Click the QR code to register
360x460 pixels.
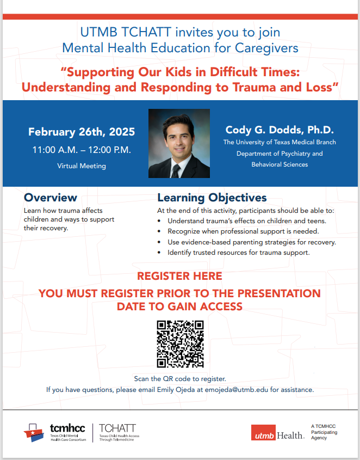[180, 344]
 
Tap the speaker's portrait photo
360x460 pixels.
[179, 143]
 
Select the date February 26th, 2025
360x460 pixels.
[82, 132]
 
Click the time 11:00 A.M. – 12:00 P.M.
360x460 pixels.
[82, 150]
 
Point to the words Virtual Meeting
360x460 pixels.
[82, 166]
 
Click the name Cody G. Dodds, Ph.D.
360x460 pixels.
[280, 130]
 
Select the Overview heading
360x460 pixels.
[51, 198]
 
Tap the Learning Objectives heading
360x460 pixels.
[212, 198]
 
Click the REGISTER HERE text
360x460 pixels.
[179, 276]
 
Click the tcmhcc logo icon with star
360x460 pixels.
[35, 432]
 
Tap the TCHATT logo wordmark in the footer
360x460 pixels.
[117, 428]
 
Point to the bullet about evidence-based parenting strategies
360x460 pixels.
[252, 242]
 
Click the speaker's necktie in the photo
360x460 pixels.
[176, 170]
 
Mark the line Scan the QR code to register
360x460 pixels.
[179, 378]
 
